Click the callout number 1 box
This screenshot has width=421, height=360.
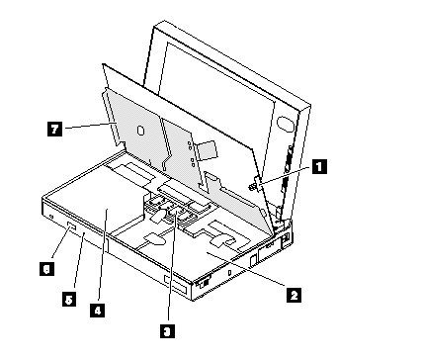(x=319, y=166)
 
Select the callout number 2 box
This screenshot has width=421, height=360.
(x=294, y=295)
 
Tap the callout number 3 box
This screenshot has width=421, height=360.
(x=167, y=330)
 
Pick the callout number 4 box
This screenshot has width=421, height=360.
(x=98, y=311)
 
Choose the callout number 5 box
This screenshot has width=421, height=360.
(x=69, y=300)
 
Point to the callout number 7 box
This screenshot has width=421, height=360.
(x=54, y=129)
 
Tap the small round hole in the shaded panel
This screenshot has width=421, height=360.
(x=140, y=131)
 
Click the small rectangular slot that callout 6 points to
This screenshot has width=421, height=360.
(x=72, y=226)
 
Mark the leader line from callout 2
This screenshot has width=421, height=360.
(x=246, y=268)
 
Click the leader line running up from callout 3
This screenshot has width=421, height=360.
(x=172, y=266)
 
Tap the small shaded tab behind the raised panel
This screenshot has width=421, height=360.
(x=207, y=150)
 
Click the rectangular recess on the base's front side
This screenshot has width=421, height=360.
(x=176, y=284)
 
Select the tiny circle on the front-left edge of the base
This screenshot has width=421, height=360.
(x=50, y=217)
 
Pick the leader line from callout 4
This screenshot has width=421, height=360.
(x=103, y=256)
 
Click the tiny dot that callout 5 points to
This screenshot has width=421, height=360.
(x=84, y=233)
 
